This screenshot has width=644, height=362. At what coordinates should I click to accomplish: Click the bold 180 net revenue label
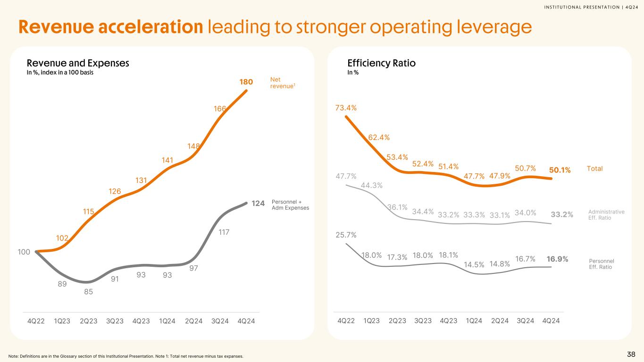pyautogui.click(x=246, y=82)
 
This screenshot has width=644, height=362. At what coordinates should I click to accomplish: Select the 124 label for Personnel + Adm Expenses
pyautogui.click(x=258, y=203)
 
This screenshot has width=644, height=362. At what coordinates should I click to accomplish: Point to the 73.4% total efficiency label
pyautogui.click(x=346, y=108)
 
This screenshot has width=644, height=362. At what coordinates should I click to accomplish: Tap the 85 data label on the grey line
pyautogui.click(x=89, y=291)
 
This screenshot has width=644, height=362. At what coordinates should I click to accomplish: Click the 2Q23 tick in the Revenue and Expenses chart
pyautogui.click(x=89, y=321)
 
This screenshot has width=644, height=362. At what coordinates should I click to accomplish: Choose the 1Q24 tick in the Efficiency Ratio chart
pyautogui.click(x=474, y=321)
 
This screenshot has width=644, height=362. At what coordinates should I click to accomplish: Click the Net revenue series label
pyautogui.click(x=279, y=83)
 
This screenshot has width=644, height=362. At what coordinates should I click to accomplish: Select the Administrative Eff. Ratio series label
pyautogui.click(x=607, y=214)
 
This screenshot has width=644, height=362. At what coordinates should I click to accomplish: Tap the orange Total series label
pyautogui.click(x=594, y=168)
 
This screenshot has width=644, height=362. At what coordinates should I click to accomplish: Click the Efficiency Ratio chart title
pyautogui.click(x=381, y=63)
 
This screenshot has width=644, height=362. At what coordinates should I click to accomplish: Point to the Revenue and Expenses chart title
pyautogui.click(x=78, y=63)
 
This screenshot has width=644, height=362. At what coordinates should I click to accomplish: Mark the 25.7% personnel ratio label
pyautogui.click(x=346, y=234)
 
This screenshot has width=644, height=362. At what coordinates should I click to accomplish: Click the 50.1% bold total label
pyautogui.click(x=560, y=170)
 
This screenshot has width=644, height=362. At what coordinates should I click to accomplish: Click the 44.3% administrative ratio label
pyautogui.click(x=372, y=185)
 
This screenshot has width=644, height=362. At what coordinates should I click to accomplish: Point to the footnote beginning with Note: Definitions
pyautogui.click(x=126, y=356)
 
